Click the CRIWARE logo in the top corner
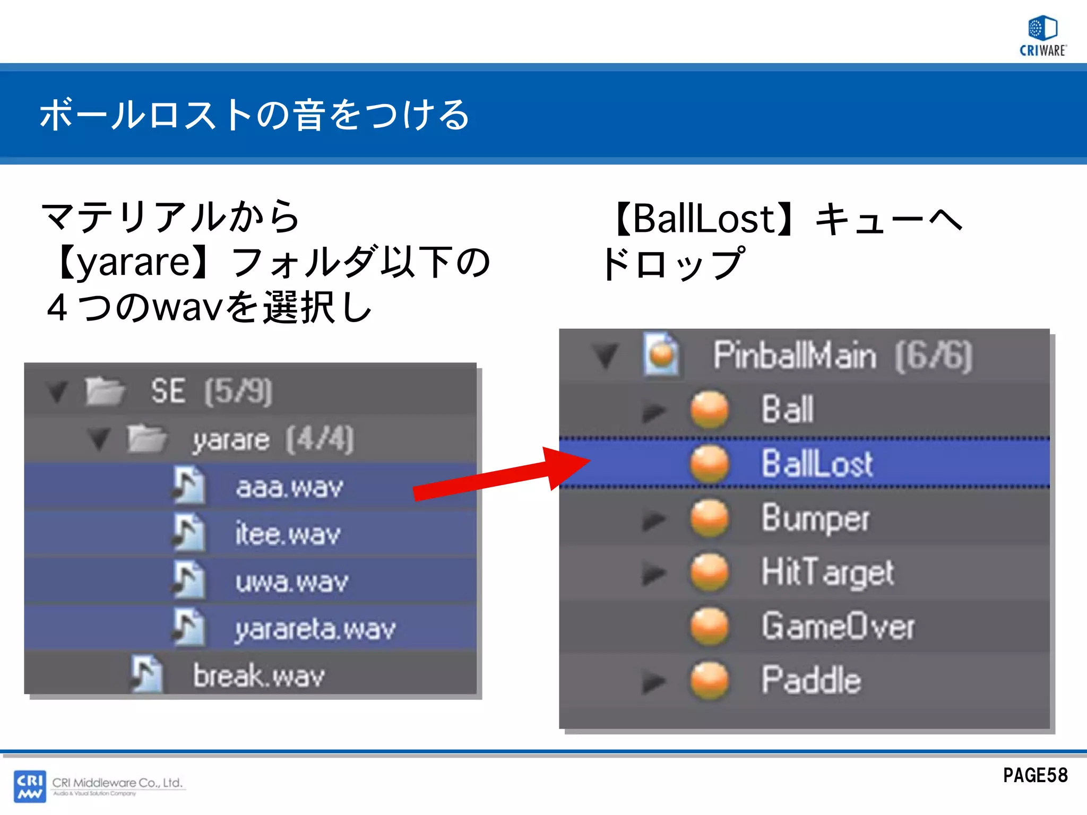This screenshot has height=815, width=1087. coord(1043,36)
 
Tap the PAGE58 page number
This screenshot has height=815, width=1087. coord(1035,776)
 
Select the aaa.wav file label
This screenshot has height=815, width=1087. coord(289,487)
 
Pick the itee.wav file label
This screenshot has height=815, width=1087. coord(288,534)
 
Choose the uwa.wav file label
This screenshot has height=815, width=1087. coord(292,582)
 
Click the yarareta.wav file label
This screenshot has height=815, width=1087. coord(315,629)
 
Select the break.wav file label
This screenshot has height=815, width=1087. coord(258,676)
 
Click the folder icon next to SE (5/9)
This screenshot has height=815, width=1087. coord(105,391)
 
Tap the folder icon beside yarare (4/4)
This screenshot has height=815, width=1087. coord(146,439)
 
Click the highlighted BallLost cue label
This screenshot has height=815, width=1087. coord(817,463)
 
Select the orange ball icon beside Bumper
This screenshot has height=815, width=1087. coord(710,518)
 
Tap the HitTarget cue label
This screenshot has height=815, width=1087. coord(827,573)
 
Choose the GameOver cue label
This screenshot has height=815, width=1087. coord(838,626)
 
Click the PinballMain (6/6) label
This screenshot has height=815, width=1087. coord(842,355)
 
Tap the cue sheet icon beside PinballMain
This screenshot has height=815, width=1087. coord(661,354)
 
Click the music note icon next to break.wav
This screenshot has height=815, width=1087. coord(147,674)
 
